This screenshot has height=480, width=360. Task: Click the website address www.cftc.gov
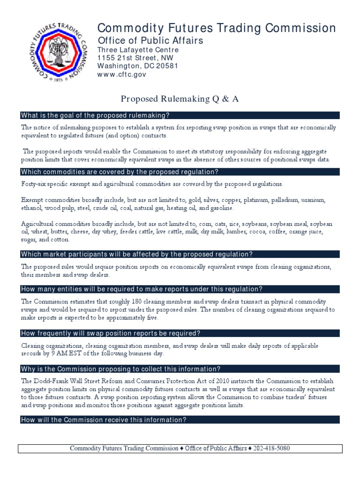[121, 75]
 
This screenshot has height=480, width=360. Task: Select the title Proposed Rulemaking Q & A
[180, 98]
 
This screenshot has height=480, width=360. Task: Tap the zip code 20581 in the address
[165, 66]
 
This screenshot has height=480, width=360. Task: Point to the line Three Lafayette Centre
[138, 50]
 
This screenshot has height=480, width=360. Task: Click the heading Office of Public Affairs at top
[150, 40]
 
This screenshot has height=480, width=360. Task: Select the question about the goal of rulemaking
[95, 116]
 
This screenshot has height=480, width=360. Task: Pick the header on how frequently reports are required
[111, 333]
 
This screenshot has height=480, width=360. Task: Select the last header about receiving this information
[104, 420]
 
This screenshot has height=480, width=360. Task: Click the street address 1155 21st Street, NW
[135, 58]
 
